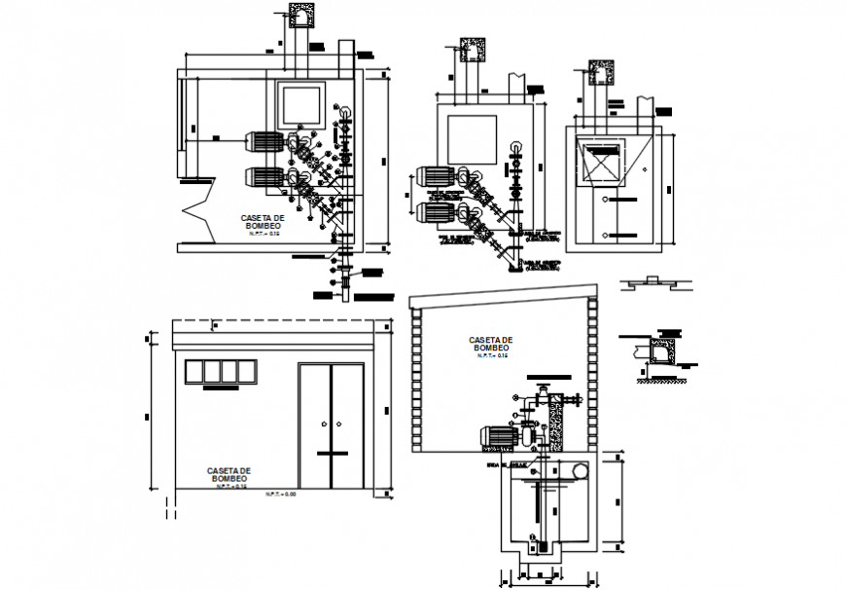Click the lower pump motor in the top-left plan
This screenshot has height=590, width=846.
click(263, 177)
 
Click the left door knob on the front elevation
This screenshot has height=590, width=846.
click(323, 424)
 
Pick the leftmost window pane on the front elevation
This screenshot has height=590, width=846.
click(192, 372)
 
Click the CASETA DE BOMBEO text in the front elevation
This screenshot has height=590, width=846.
click(229, 473)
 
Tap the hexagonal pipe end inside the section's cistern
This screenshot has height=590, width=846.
click(582, 470)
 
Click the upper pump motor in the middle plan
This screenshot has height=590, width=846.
click(436, 178)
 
